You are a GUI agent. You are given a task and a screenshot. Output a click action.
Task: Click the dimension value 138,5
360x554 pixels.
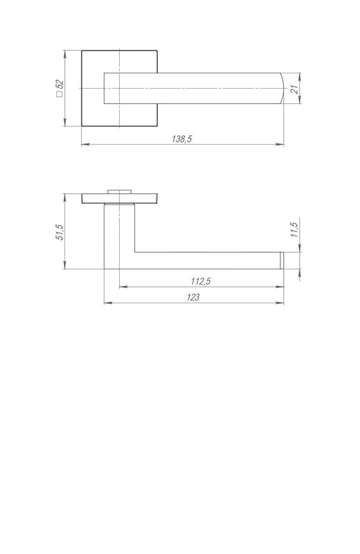point(181,139)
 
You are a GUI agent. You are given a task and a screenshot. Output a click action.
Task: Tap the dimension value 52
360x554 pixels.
point(60,84)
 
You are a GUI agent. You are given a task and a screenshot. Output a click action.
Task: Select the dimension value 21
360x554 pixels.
point(294,89)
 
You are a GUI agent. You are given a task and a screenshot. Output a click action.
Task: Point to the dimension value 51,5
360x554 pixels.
point(60,233)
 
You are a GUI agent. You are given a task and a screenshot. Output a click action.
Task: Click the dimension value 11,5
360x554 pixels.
point(294,230)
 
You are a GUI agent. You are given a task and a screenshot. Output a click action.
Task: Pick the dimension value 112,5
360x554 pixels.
point(201,281)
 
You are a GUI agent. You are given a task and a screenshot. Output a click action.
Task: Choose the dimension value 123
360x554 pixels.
point(193,297)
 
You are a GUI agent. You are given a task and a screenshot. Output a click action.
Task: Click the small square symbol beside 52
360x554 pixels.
point(60,94)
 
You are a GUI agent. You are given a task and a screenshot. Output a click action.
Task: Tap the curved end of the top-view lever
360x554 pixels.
point(283,89)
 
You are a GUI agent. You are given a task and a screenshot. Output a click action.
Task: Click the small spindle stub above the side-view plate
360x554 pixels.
point(119,192)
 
